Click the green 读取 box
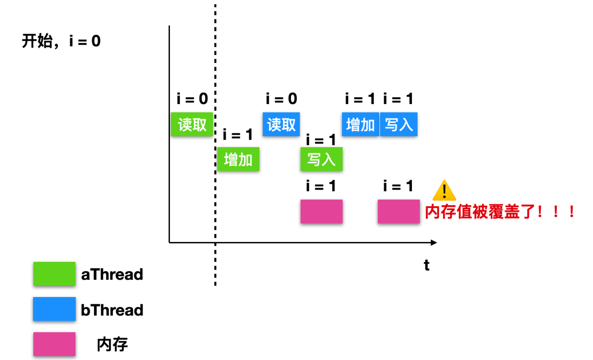(192, 124)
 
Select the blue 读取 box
(281, 124)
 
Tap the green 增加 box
(238, 159)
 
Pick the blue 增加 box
(360, 124)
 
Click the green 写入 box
(321, 159)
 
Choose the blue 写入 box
(399, 124)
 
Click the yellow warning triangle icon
(444, 190)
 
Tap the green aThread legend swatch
(54, 274)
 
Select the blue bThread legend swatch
(54, 309)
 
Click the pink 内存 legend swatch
(54, 344)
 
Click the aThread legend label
(112, 274)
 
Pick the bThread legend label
(112, 310)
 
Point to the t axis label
(426, 265)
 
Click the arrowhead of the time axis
(434, 243)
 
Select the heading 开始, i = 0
(61, 41)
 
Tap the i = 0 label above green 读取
(192, 99)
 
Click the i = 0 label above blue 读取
(281, 99)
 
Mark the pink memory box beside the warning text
(399, 211)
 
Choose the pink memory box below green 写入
(321, 211)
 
